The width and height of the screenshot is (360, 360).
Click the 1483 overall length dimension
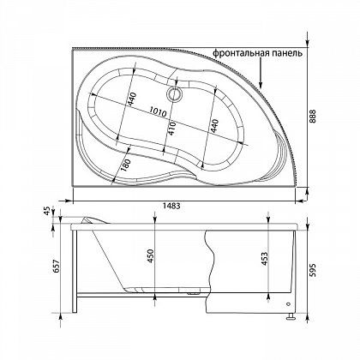click(171, 206)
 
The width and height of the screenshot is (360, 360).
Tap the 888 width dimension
click(314, 117)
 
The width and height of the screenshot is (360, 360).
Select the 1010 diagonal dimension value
click(158, 111)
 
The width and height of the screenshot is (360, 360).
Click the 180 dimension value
click(125, 165)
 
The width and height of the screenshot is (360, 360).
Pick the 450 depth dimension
click(151, 256)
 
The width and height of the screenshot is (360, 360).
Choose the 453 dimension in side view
click(264, 259)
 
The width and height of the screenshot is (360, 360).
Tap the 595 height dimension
click(313, 271)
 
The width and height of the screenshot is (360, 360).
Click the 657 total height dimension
click(57, 266)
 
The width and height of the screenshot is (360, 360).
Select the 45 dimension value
click(47, 211)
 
